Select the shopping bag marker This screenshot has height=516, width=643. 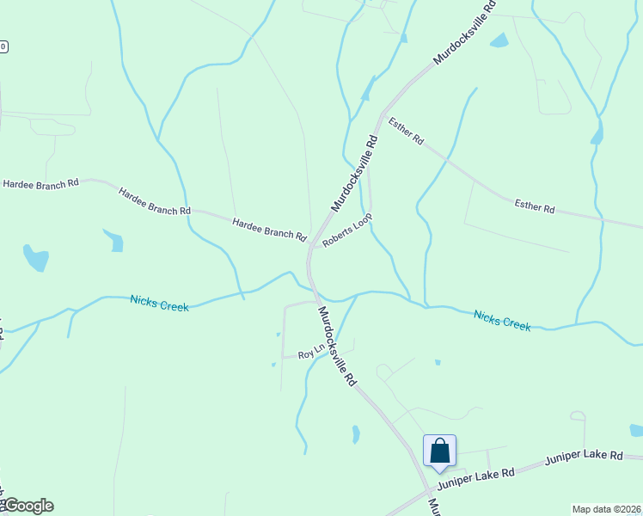click(439, 451)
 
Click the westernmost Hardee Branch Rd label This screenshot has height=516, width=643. click(40, 183)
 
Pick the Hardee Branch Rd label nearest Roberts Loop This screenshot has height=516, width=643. click(269, 228)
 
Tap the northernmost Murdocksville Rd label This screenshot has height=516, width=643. click(464, 33)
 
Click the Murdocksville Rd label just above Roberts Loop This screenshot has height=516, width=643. click(355, 173)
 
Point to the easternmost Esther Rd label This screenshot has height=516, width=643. click(535, 206)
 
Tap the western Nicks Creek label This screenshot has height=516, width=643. click(159, 302)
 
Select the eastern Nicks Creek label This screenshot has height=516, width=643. click(502, 320)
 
